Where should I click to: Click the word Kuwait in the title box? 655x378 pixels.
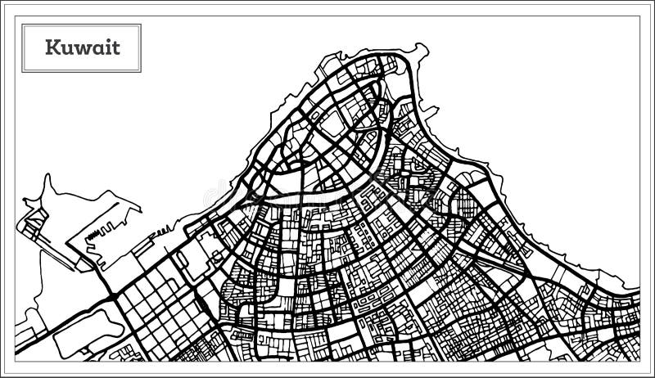(82, 47)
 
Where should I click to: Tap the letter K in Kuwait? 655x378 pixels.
(52, 47)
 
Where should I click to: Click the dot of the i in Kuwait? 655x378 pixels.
(107, 41)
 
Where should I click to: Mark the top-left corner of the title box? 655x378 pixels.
(22, 25)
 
